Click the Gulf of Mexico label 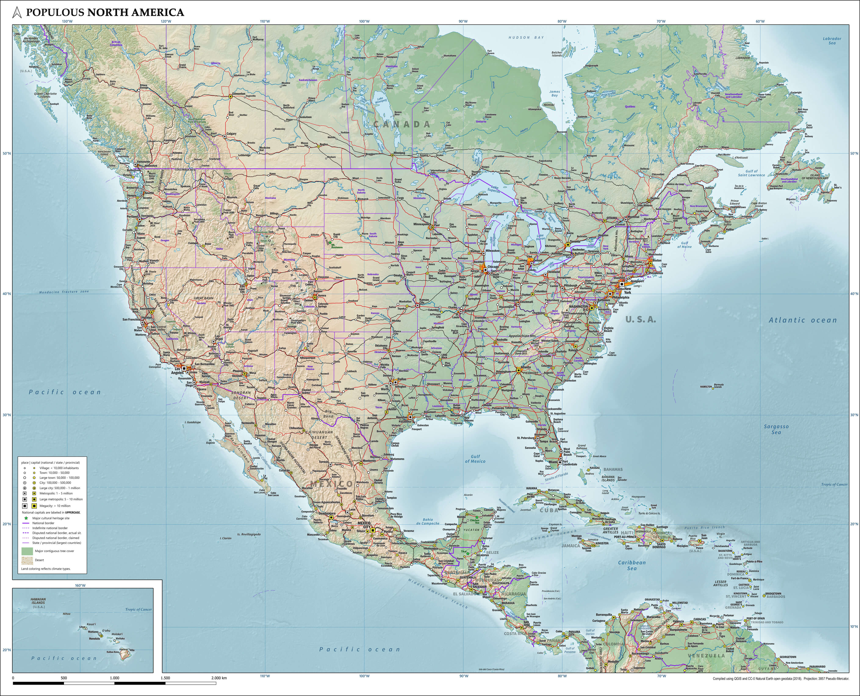click(x=475, y=459)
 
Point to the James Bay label click(x=554, y=93)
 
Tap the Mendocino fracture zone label click(x=64, y=292)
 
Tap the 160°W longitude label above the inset click(x=80, y=585)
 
